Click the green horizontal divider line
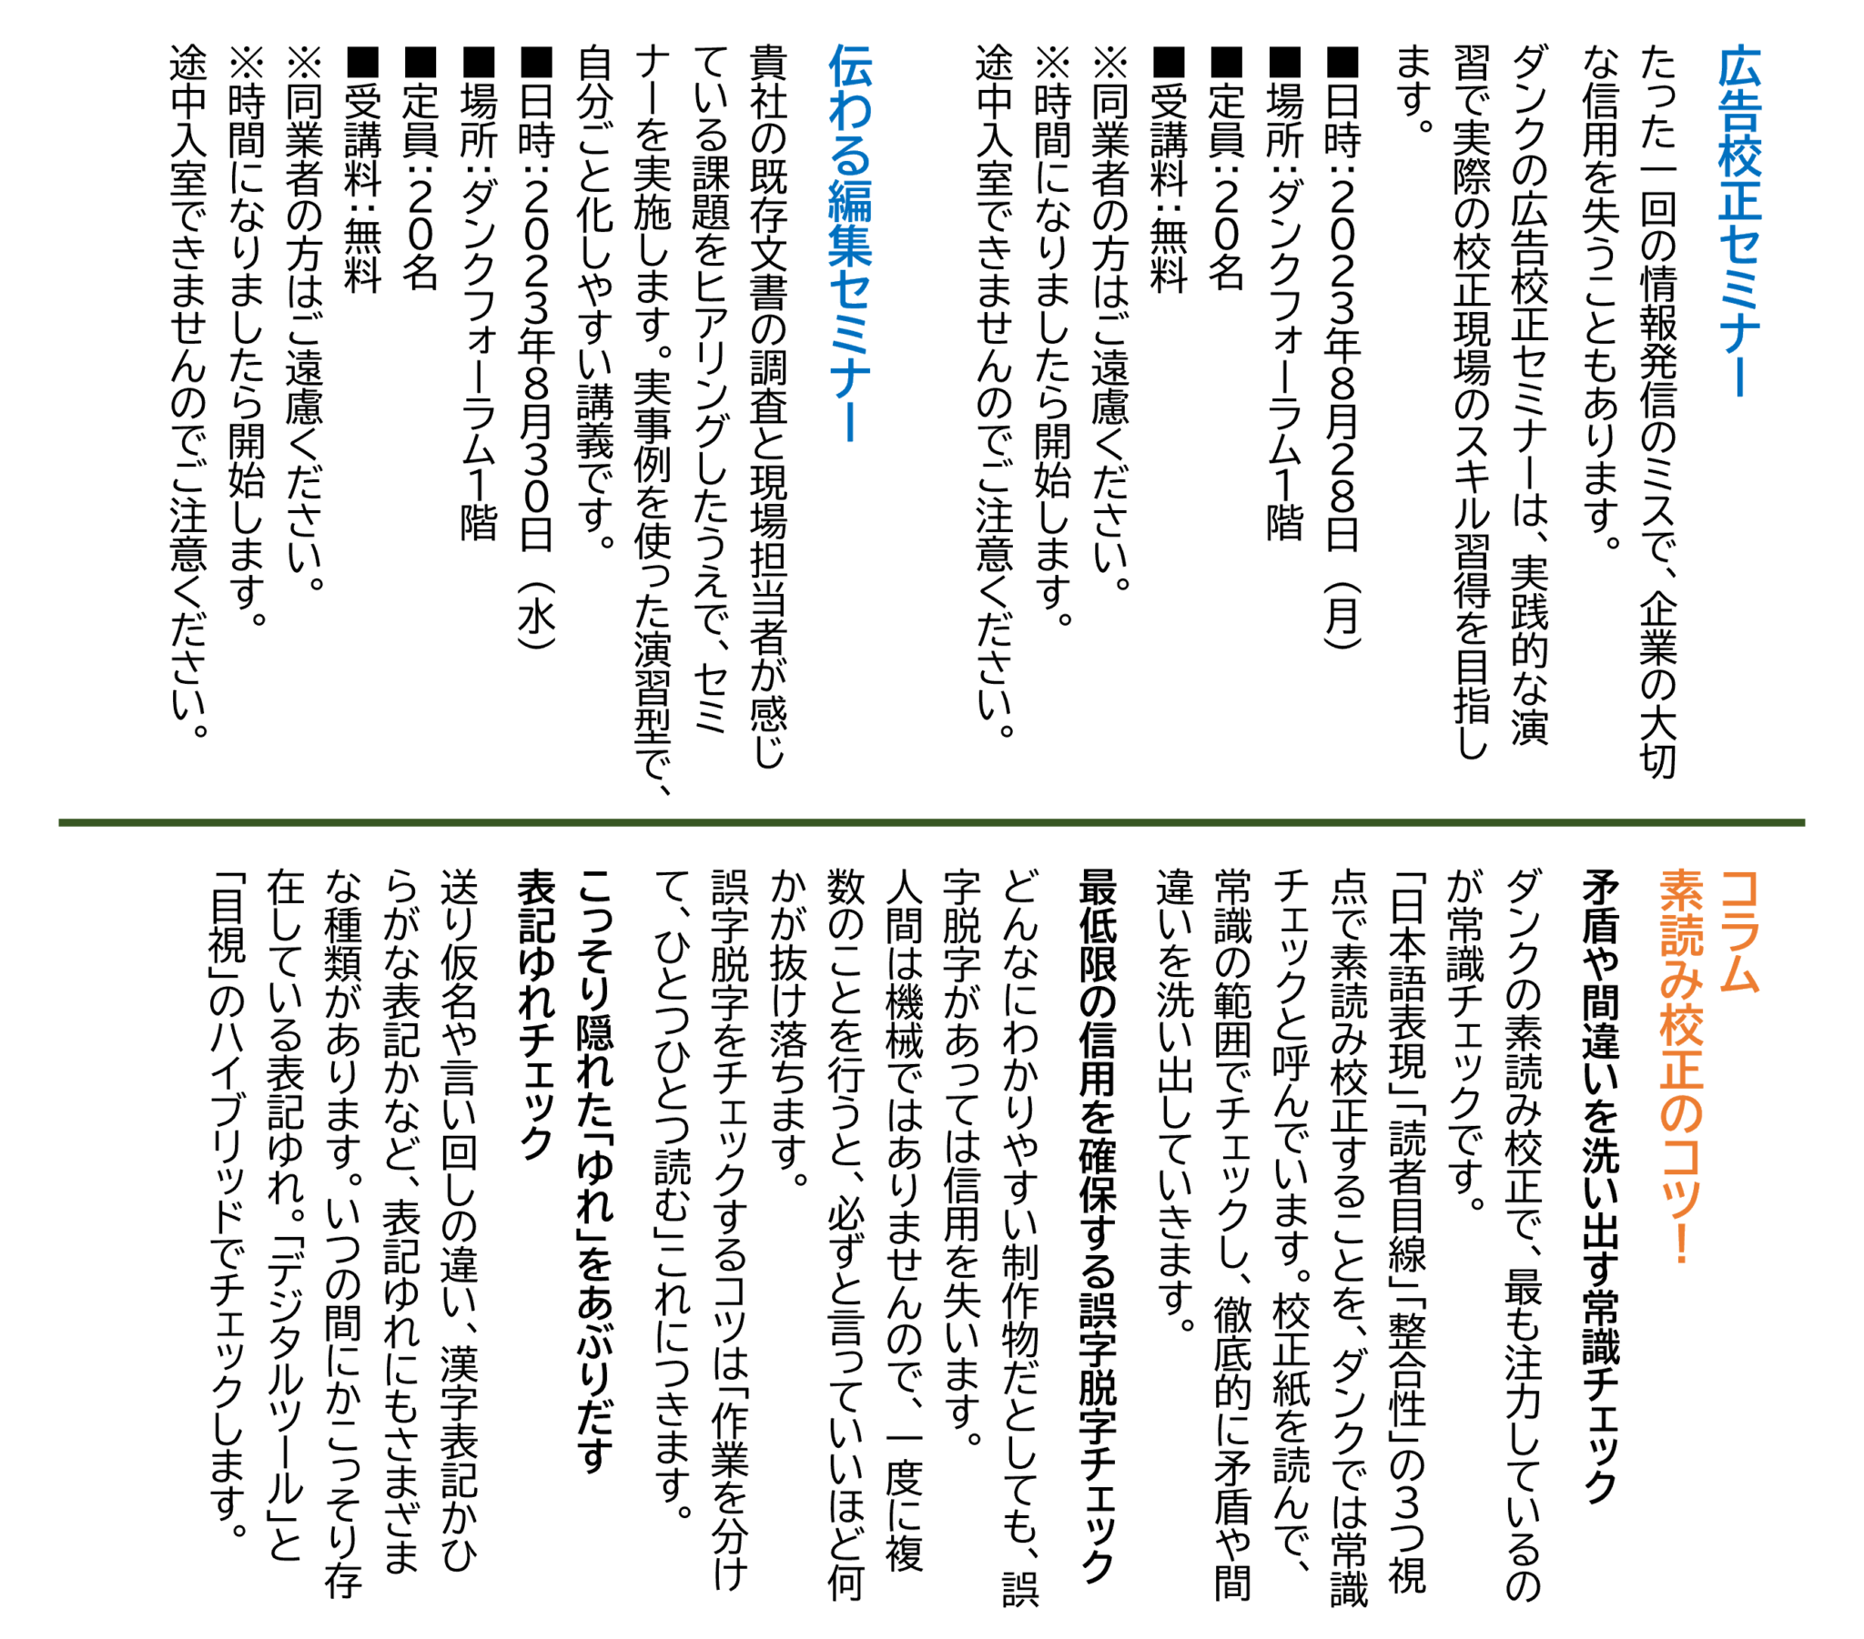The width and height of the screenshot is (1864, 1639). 930,822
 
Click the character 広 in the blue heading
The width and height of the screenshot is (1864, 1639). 1739,66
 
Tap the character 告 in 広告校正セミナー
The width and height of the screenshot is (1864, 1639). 1739,111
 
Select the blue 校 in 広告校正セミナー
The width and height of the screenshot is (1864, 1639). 1739,156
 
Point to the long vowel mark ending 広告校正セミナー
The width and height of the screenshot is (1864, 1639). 1739,376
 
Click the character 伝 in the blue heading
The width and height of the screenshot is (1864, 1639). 850,66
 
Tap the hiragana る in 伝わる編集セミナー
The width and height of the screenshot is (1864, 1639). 850,156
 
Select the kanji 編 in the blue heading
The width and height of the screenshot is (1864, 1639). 850,200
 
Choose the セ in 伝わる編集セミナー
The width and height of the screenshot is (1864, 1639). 850,289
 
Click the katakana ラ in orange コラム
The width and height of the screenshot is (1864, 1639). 1739,930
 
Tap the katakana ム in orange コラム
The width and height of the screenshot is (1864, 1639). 1739,972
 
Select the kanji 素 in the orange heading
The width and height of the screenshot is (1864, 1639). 1681,890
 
